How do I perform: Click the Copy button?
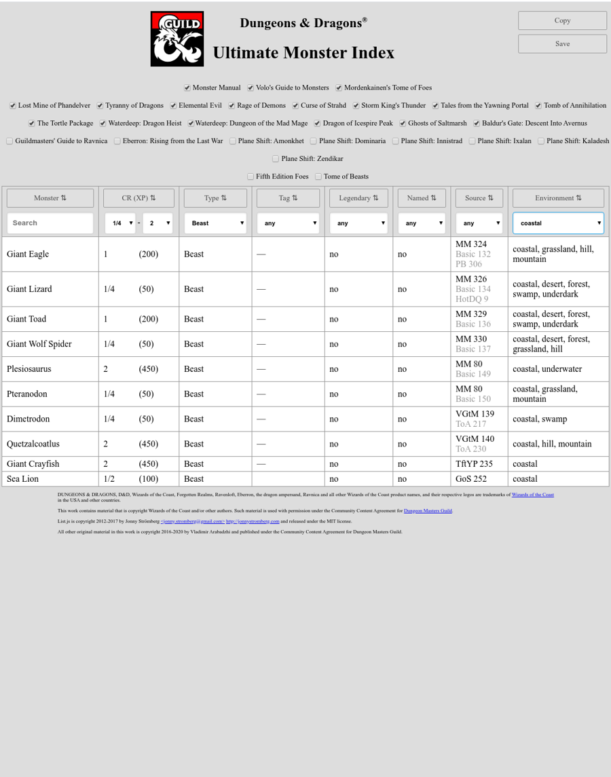click(562, 20)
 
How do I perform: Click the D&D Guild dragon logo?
click(177, 39)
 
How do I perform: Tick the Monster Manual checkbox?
click(187, 88)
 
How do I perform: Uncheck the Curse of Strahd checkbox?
click(296, 106)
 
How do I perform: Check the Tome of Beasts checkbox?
click(318, 176)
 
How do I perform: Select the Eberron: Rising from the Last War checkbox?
click(117, 141)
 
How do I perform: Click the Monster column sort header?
click(50, 198)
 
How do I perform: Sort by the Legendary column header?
click(358, 198)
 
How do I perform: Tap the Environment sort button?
click(558, 198)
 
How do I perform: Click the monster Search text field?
click(50, 223)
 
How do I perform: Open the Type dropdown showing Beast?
click(215, 223)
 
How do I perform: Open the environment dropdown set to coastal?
click(558, 223)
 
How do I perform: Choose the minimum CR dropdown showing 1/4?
click(120, 223)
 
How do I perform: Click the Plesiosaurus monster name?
click(29, 369)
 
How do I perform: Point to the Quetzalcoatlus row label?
click(33, 444)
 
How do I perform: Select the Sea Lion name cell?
click(22, 479)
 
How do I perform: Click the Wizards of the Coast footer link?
click(532, 495)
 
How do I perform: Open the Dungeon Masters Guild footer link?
click(428, 510)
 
